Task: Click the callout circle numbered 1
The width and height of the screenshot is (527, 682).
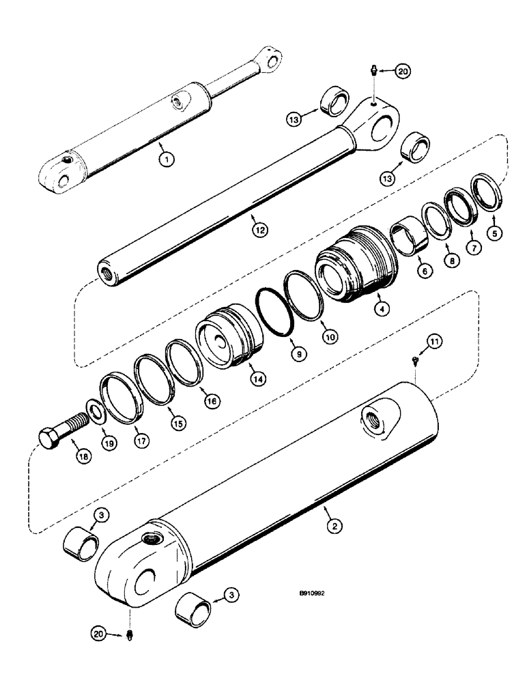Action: (165, 159)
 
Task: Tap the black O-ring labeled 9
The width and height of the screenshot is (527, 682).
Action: (274, 312)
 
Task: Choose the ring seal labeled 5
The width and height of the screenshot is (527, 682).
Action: (487, 193)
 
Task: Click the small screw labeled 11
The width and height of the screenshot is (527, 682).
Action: (414, 363)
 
